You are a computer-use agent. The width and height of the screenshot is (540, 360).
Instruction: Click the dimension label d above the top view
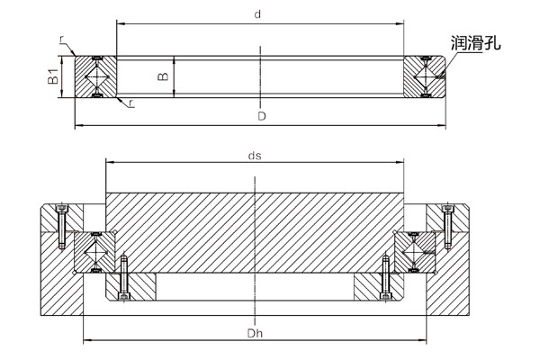(258, 15)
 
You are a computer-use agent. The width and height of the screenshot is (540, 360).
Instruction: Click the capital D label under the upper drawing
(260, 116)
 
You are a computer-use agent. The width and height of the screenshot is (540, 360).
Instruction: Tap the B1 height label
(53, 76)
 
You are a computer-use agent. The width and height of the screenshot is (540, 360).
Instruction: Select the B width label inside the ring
(163, 76)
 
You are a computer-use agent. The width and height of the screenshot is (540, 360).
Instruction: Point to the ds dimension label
(256, 155)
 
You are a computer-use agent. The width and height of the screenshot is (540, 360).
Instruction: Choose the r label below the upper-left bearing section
(131, 105)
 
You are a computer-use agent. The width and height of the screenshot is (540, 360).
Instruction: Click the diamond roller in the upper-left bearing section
(94, 76)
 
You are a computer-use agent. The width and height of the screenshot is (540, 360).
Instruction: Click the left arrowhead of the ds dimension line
(109, 162)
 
